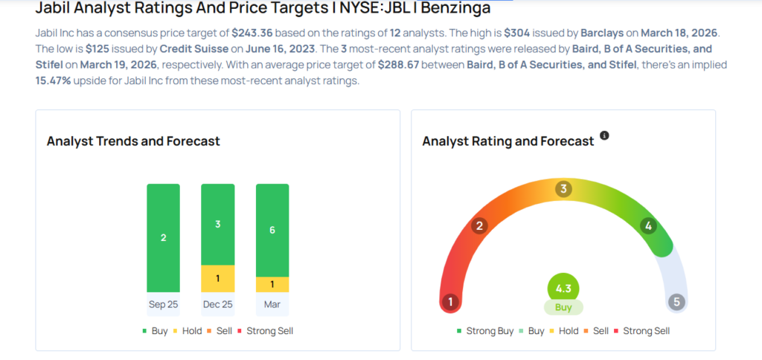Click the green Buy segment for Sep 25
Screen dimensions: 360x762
(x=163, y=237)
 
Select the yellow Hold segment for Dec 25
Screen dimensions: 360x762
(x=217, y=278)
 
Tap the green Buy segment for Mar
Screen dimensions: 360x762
(x=272, y=230)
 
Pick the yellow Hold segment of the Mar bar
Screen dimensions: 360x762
(x=272, y=284)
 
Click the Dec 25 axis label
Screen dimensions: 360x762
(x=217, y=304)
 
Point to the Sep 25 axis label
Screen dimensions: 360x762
(x=163, y=304)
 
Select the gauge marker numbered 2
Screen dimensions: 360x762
(x=480, y=226)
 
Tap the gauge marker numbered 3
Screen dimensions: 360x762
(x=564, y=189)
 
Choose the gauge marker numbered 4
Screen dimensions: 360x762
(x=648, y=226)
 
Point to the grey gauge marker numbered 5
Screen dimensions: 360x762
(x=676, y=302)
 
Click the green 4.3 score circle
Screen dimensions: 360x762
(x=563, y=289)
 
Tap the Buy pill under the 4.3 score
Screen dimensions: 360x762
(x=563, y=307)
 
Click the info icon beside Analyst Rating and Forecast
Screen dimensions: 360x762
(x=604, y=136)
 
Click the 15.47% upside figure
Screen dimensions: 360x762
(x=54, y=80)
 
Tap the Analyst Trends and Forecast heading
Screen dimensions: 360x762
(x=133, y=141)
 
